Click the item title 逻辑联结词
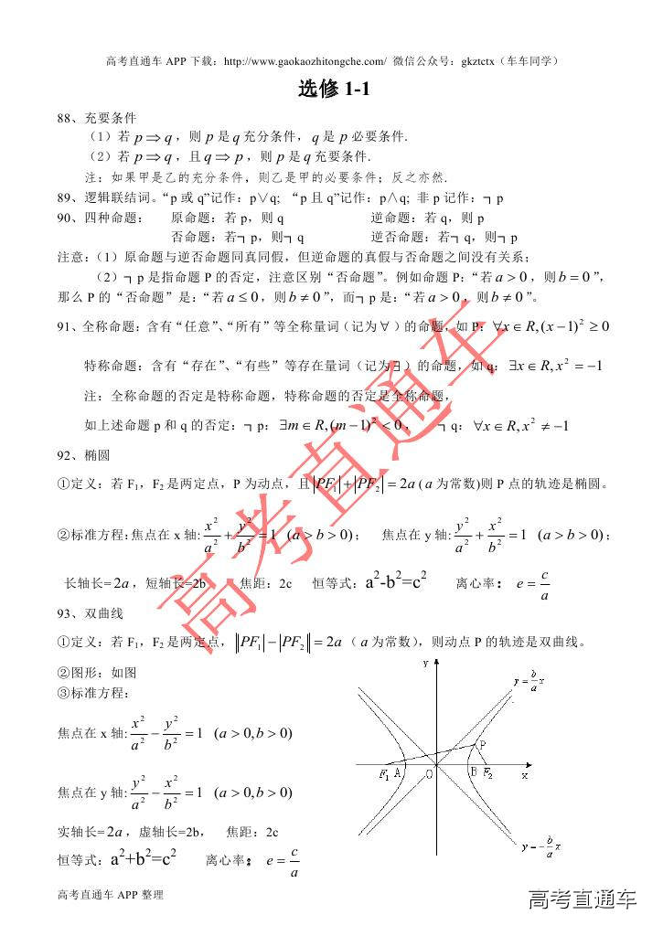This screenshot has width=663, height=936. [x=118, y=197]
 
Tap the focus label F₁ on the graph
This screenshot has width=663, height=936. [x=384, y=774]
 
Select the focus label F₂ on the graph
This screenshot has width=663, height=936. [x=488, y=774]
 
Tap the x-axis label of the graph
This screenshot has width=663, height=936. [x=525, y=774]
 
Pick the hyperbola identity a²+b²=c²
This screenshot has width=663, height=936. [x=143, y=858]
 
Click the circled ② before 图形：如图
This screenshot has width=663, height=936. [x=63, y=672]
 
